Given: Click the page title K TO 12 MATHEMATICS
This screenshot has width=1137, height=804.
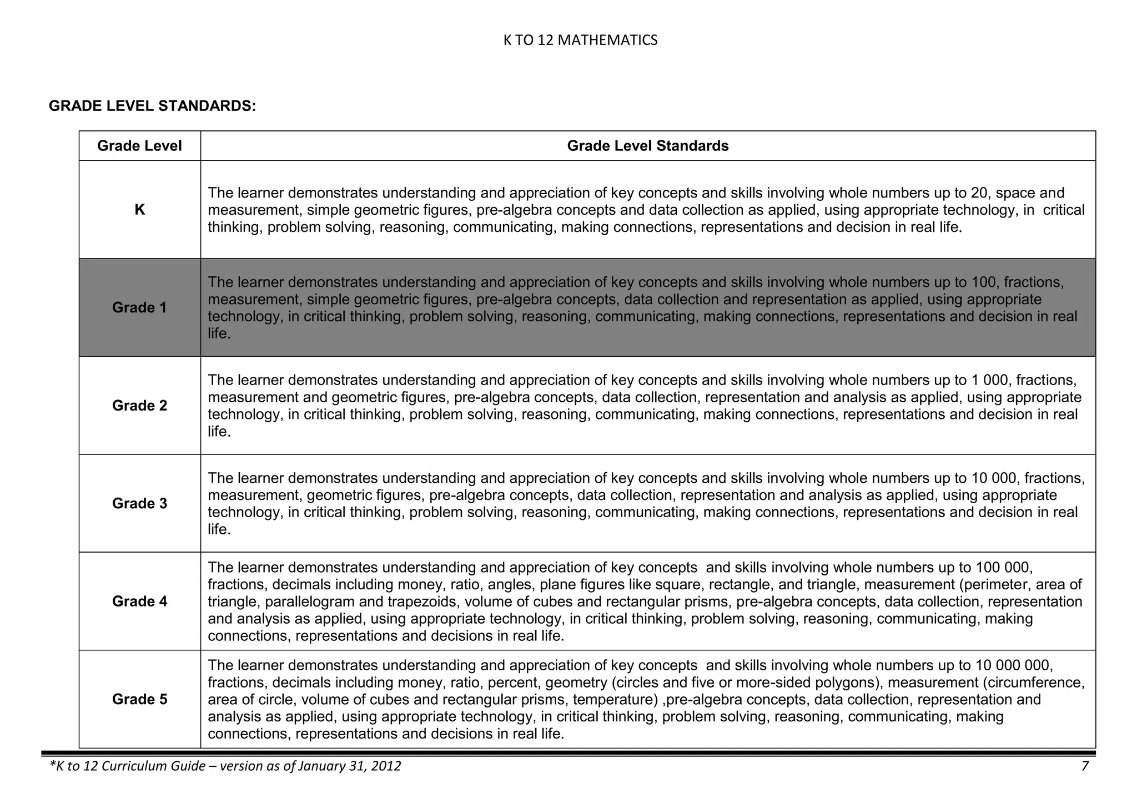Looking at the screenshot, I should (580, 41).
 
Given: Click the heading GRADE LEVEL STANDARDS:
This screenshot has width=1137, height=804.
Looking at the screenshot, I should (152, 106).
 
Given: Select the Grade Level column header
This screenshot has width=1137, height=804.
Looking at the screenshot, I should (139, 146).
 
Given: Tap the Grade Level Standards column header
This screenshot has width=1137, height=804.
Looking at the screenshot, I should (647, 146).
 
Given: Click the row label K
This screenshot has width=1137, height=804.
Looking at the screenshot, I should (139, 210).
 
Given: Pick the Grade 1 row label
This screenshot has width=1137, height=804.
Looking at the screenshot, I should (139, 307).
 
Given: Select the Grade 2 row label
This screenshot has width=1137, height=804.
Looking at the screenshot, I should (139, 406).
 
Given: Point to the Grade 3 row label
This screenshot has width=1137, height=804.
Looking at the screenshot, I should (139, 503).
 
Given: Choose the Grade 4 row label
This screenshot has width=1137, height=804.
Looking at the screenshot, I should (139, 601).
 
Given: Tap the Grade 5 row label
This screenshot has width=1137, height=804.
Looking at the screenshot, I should (139, 699).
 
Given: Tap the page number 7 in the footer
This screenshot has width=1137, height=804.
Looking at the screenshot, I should (1085, 766).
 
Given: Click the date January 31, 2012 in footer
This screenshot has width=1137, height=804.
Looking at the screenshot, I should (349, 766).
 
